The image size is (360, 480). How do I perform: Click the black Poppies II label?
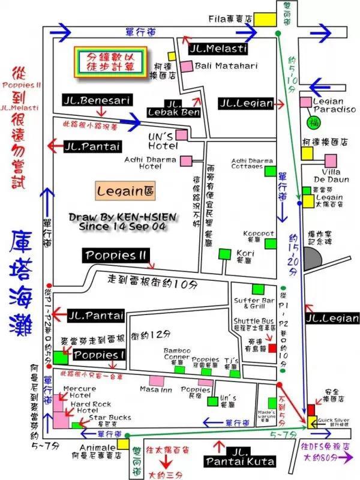click(116, 254)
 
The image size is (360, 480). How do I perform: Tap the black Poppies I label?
click(98, 355)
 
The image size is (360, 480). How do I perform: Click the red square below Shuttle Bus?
click(273, 348)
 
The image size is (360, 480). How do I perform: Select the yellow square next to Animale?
click(124, 444)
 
